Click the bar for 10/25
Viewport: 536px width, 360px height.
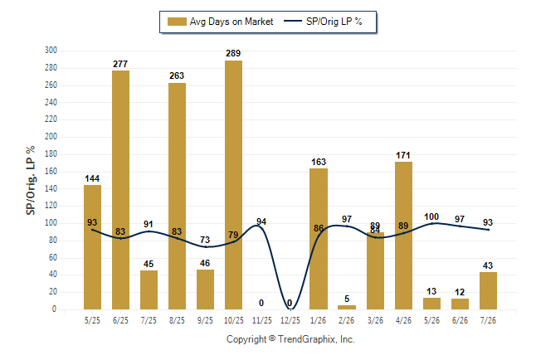point(233,185)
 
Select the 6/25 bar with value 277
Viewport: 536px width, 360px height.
point(120,190)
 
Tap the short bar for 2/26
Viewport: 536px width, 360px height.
point(347,308)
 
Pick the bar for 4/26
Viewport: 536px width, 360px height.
point(404,236)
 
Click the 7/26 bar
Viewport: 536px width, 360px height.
point(488,291)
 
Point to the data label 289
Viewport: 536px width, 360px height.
point(233,53)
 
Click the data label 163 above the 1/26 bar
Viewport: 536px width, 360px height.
point(319,162)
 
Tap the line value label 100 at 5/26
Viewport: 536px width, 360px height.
point(431,216)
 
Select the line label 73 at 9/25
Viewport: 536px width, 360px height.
point(205,240)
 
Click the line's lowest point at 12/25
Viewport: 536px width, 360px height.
point(290,309)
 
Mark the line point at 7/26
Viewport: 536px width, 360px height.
point(488,230)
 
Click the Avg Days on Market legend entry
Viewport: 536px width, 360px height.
point(220,22)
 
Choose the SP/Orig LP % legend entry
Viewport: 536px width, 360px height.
point(323,22)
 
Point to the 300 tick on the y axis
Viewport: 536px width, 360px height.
point(51,51)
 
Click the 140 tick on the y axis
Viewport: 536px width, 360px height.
point(51,188)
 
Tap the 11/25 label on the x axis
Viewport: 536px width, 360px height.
point(262,320)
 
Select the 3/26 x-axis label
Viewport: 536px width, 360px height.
point(375,320)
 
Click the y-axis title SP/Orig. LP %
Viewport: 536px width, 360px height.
point(31,180)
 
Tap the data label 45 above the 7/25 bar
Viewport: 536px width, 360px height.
point(149,264)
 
